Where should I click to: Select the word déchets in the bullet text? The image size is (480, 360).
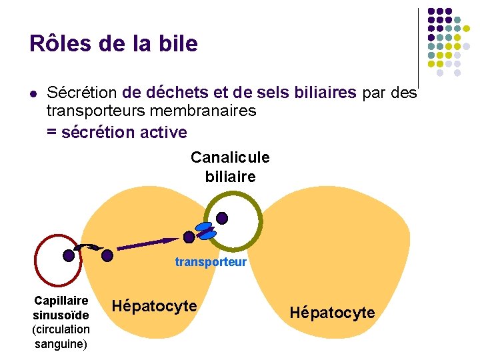point(175,92)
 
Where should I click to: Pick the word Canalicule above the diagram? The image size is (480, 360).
point(230,157)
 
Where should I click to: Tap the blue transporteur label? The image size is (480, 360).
point(211,262)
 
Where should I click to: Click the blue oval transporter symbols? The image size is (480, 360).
point(205,231)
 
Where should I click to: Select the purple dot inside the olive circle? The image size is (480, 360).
point(222,218)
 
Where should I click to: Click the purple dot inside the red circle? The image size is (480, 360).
point(69,255)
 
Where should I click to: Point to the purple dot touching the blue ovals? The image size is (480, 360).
point(189,237)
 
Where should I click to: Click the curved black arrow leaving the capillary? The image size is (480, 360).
point(87,248)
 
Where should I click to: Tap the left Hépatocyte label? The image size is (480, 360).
point(154,306)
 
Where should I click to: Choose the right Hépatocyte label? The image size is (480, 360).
point(333,313)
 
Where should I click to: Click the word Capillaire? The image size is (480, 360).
point(61,301)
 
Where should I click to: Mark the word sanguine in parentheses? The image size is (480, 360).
point(60,343)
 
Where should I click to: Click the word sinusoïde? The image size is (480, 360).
point(61,315)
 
